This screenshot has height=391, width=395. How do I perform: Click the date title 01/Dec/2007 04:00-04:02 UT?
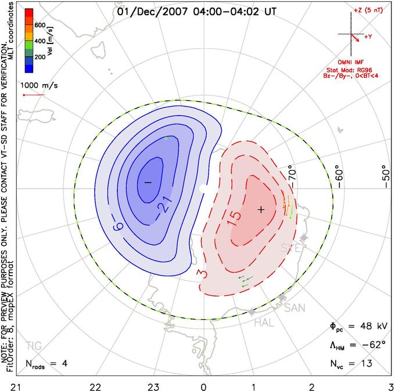pos(196,12)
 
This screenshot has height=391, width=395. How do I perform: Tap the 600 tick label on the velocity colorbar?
pos(40,25)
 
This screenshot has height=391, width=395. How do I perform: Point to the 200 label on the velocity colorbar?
pos(40,57)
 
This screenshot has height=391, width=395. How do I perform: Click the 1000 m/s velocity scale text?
pos(39,85)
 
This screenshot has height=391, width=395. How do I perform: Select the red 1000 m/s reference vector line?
pos(34,95)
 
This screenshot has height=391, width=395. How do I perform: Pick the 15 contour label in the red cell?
pos(234,218)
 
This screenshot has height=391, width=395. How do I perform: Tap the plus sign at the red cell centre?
pos(261,209)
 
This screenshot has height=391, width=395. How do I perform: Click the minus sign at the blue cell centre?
pos(148,182)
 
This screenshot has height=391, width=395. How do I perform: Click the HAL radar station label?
pos(264,323)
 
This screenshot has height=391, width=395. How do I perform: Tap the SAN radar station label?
pos(295,307)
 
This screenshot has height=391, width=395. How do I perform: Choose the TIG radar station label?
pos(34,346)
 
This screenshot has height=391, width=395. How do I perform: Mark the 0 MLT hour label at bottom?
pos(203,387)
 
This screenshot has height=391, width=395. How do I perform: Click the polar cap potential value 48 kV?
pos(373,327)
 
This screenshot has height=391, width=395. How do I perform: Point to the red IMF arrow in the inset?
pos(355,38)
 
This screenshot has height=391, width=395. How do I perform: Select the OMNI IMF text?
pos(351,62)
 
